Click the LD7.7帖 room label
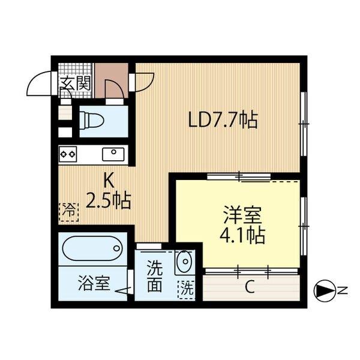(x=223, y=121)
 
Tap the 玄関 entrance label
(x=75, y=84)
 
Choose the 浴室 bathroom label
(x=94, y=283)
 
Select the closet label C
(x=249, y=287)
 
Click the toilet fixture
(x=94, y=120)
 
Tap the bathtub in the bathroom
(x=93, y=248)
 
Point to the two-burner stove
(x=67, y=154)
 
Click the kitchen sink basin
(x=112, y=154)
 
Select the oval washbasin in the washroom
(x=184, y=262)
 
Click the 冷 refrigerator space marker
(x=68, y=210)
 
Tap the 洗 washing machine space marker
(x=187, y=288)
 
